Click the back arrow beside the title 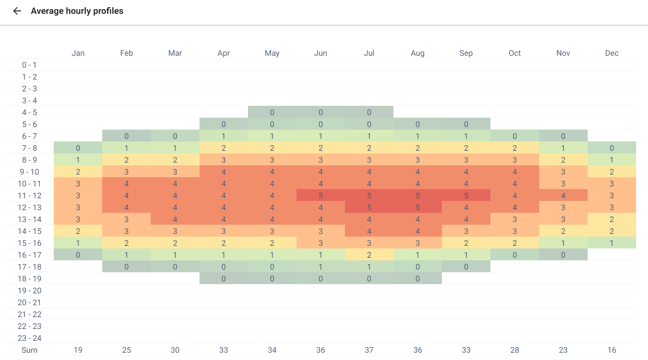point(17,11)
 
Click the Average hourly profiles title point(77,11)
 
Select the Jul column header point(369,53)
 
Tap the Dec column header point(611,53)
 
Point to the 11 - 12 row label point(29,196)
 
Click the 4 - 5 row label point(29,113)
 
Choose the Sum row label point(29,350)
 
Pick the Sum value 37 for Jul point(369,350)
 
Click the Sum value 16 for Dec point(611,350)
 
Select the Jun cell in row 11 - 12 point(321,196)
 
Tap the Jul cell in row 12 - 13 point(369,208)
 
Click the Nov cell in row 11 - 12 point(563,196)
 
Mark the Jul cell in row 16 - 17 point(369,255)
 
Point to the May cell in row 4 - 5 point(272,113)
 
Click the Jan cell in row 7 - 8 point(78,148)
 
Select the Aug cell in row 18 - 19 point(417,279)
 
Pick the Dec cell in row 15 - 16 point(611,243)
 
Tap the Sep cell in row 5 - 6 point(466,124)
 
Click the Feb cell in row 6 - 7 point(126,136)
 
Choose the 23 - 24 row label point(29,338)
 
